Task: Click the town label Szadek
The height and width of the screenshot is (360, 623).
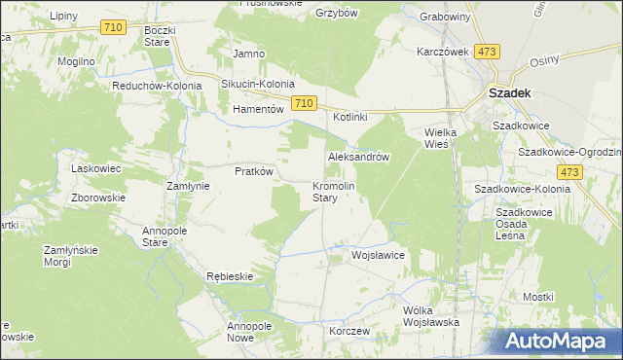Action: (x=507, y=94)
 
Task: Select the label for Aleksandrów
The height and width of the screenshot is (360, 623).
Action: (x=359, y=157)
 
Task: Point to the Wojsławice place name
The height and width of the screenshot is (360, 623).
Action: (x=378, y=255)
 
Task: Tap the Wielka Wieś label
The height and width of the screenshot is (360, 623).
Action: (x=435, y=138)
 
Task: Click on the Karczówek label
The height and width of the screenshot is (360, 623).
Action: (x=444, y=52)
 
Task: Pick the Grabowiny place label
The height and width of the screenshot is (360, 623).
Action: (x=445, y=18)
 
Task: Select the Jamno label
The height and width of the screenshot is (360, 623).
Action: (x=250, y=53)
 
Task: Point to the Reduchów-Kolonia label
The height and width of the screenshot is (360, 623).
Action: (x=156, y=86)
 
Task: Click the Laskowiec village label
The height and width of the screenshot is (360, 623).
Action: (x=95, y=168)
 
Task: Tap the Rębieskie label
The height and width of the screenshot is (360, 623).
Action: (x=230, y=276)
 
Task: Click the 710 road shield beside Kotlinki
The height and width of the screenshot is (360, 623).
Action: (x=304, y=103)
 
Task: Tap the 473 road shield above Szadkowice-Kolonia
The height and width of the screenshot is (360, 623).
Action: (x=571, y=172)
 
